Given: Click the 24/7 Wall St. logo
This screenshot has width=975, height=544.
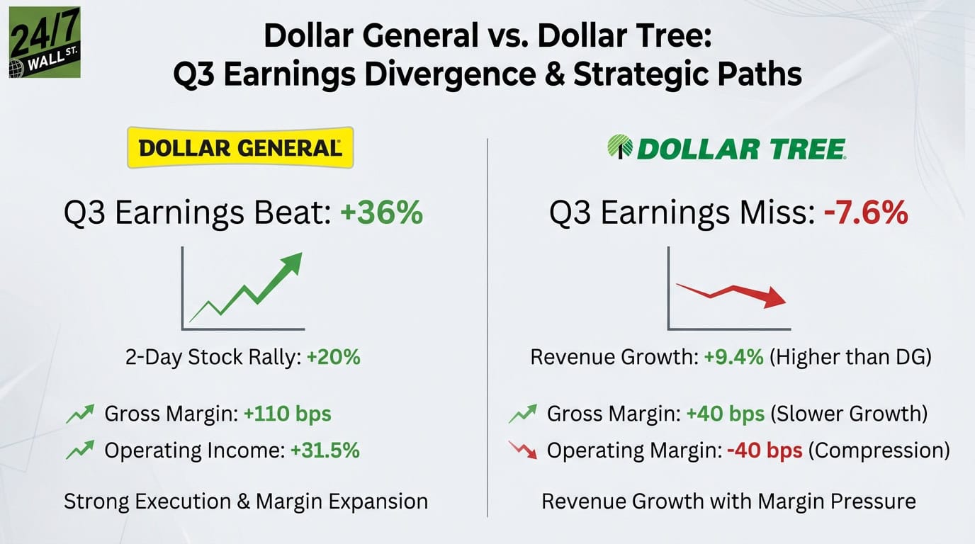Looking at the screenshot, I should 44,42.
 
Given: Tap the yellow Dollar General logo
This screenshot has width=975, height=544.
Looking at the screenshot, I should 239,147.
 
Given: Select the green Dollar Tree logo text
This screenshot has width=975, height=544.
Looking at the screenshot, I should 740,148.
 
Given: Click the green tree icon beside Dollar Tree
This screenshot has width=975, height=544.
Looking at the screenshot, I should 620,147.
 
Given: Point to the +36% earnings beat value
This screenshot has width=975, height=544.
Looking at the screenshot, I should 381,212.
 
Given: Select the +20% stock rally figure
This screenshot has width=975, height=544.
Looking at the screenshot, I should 333,357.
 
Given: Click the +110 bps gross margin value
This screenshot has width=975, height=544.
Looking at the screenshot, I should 287,414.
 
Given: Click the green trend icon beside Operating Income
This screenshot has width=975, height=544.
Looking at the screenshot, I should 80,450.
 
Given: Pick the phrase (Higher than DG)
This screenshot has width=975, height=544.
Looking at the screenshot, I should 850,357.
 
